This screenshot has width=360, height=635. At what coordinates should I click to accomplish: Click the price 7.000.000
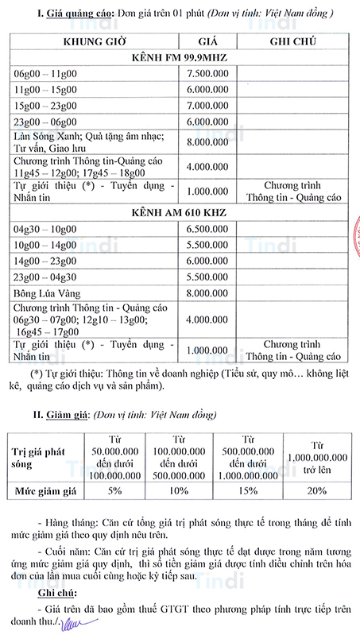208,105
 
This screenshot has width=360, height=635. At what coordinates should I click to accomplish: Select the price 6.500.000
208,228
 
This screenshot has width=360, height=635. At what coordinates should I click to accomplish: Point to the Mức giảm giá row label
47,490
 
